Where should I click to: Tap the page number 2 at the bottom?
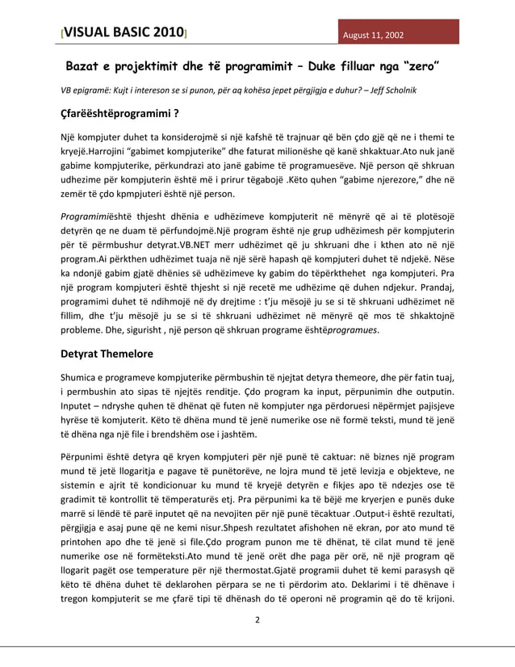click(x=257, y=620)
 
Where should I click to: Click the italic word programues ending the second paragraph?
click(x=352, y=329)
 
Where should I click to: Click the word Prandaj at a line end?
click(x=437, y=284)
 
